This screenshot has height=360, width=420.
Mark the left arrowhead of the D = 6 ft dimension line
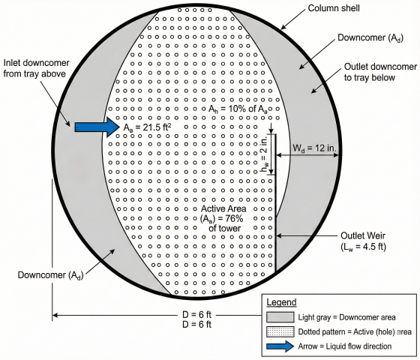tap(55, 315)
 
